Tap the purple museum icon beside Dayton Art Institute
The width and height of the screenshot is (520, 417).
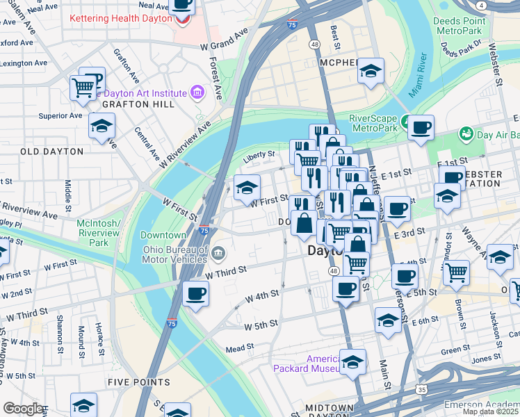[x=197, y=92]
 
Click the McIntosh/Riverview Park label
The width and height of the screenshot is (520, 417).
[x=99, y=233]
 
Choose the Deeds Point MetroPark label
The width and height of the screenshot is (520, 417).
[x=457, y=26]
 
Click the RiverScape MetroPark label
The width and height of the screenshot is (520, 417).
[x=373, y=123]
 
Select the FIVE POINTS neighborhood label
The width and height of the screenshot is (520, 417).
[x=138, y=382]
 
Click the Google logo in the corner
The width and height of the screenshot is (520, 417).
[x=23, y=409]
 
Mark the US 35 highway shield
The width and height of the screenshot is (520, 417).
[x=422, y=390]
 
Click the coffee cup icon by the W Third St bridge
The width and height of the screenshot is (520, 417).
[x=196, y=293]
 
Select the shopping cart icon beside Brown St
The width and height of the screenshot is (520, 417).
[x=457, y=272]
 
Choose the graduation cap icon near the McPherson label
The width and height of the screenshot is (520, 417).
[x=371, y=71]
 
